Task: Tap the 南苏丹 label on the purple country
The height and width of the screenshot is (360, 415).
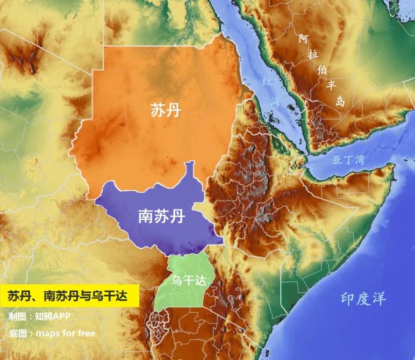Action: pos(161,216)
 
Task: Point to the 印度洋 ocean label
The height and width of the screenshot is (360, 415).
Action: pos(364,298)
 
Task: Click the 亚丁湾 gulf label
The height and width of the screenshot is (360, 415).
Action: pos(348,160)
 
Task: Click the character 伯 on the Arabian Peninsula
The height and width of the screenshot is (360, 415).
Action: pos(322,70)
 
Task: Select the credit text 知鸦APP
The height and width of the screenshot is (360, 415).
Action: pos(52,317)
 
